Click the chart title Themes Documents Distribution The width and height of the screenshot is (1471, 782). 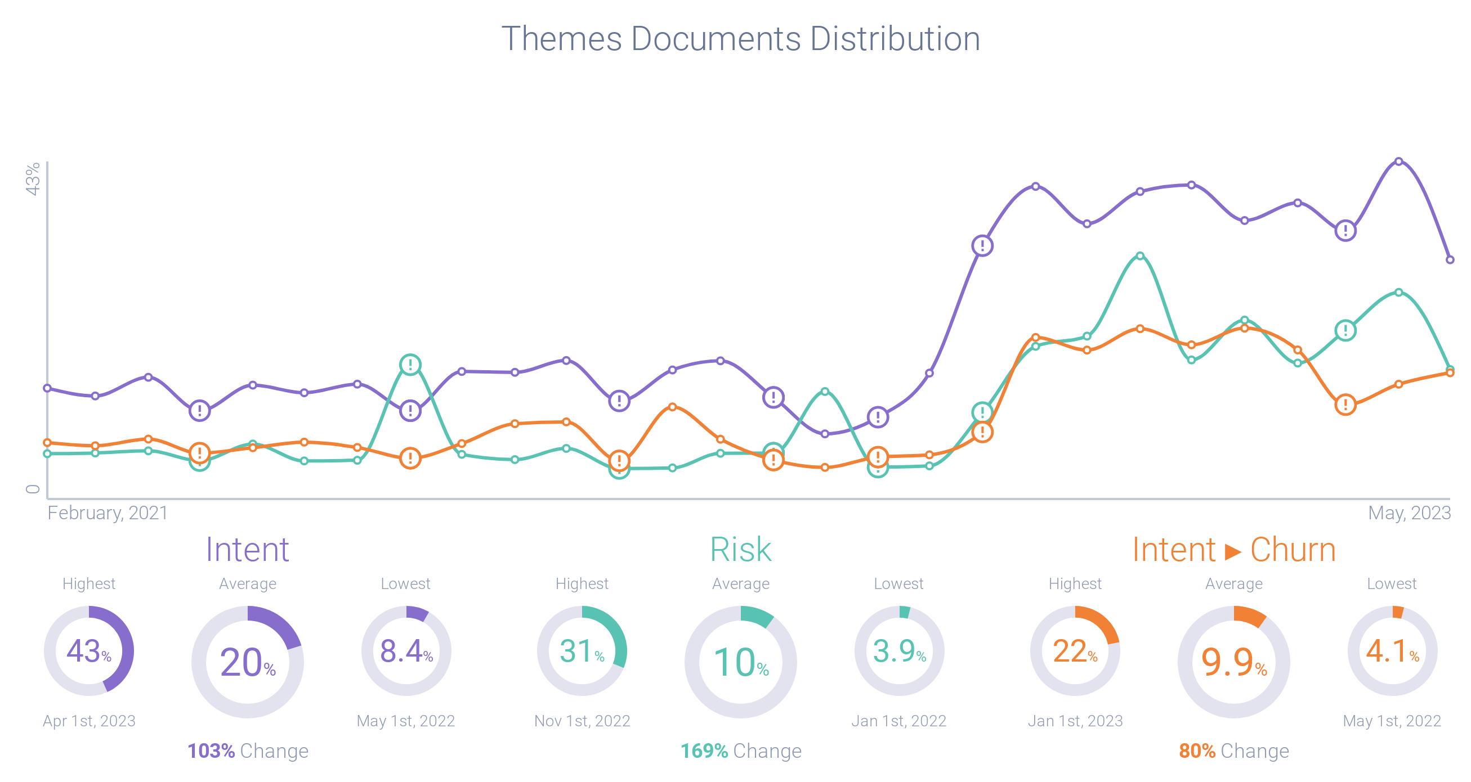(741, 39)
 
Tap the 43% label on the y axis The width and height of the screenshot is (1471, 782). (33, 179)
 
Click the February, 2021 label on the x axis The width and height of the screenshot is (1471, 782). (108, 513)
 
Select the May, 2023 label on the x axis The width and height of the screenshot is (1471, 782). (1409, 513)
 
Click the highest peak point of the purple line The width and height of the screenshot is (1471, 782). (1398, 161)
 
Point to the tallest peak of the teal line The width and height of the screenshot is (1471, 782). (1140, 256)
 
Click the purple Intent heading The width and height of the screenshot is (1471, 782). (247, 549)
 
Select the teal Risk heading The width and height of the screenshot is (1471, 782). (741, 549)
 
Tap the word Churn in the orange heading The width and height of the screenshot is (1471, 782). (1293, 549)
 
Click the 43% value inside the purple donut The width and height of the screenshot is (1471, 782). (88, 651)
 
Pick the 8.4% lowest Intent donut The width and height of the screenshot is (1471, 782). (406, 651)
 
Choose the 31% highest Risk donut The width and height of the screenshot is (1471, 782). (582, 651)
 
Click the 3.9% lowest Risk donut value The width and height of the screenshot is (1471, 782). (899, 651)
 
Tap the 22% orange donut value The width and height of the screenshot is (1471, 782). (1075, 651)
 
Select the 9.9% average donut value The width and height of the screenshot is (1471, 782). (1233, 662)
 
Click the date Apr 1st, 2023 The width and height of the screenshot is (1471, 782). (89, 721)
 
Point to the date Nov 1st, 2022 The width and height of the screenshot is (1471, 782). (582, 721)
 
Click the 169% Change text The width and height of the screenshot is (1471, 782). (741, 750)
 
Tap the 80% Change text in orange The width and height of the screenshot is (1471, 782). (1233, 750)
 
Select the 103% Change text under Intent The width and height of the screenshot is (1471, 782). (247, 750)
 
